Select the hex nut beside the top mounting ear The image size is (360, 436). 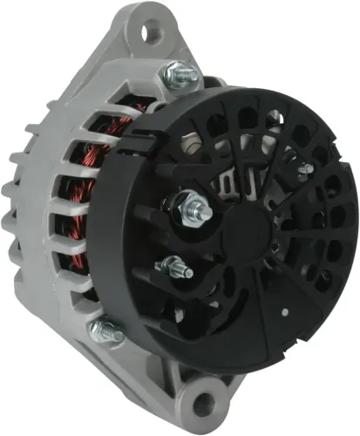177,76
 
